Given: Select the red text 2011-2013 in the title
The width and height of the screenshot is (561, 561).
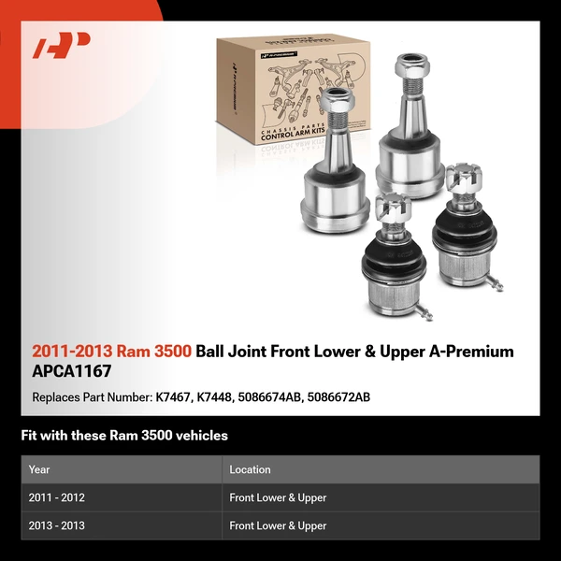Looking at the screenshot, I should pos(72,352).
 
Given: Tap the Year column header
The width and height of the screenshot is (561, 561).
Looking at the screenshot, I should pos(39,469).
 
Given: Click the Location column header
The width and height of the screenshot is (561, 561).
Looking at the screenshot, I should pos(250,469).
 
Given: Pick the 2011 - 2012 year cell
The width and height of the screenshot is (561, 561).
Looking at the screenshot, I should pos(56,497).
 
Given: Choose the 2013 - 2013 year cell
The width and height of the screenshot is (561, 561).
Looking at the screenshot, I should pos(56,525).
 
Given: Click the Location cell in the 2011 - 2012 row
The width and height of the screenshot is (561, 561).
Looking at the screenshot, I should pos(278,497).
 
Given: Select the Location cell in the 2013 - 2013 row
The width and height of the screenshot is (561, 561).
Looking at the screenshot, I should pos(278,525).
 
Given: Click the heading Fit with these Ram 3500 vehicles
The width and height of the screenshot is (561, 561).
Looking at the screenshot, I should pos(124,436).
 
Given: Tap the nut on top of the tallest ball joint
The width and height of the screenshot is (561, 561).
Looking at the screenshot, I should pos(412,67).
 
